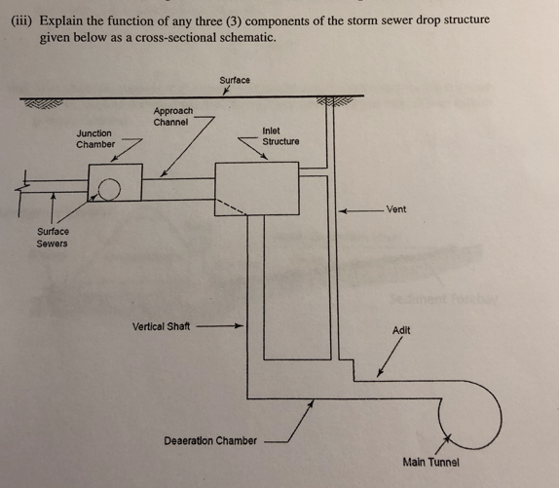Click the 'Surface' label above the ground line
click(x=235, y=80)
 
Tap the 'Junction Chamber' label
click(x=95, y=138)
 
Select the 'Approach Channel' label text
click(x=173, y=117)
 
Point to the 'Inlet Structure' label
click(x=280, y=136)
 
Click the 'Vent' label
click(x=396, y=209)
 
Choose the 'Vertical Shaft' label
click(x=161, y=326)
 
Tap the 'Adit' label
click(x=401, y=330)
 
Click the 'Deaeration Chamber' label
click(x=210, y=441)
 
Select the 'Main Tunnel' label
click(x=431, y=463)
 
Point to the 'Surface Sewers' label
click(x=53, y=238)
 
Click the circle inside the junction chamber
click(x=109, y=189)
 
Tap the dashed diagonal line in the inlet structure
click(x=231, y=206)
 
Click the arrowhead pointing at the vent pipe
click(x=343, y=211)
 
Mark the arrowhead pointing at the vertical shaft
click(x=239, y=325)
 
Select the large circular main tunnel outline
click(x=501, y=415)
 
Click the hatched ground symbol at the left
click(x=42, y=103)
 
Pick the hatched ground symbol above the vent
click(x=334, y=101)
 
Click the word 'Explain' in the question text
click(x=60, y=21)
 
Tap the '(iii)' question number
click(x=21, y=20)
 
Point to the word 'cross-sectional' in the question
click(x=175, y=37)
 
